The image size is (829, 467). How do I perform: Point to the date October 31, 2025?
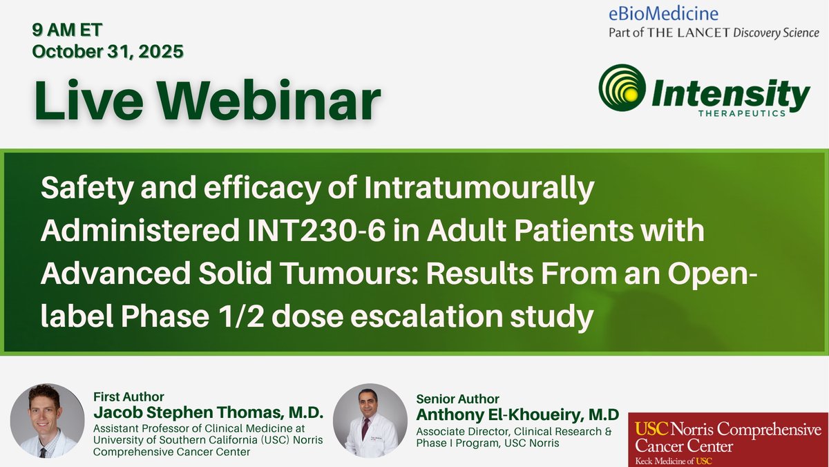click(x=108, y=52)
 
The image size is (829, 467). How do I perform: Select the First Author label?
click(x=128, y=397)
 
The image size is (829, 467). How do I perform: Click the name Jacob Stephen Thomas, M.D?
click(x=208, y=413)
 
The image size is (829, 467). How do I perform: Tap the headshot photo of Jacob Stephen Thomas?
click(x=48, y=421)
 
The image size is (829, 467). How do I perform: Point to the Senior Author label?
click(x=457, y=399)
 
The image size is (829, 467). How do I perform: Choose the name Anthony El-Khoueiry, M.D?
click(x=518, y=415)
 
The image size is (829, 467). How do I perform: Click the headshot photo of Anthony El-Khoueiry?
click(x=370, y=421)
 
